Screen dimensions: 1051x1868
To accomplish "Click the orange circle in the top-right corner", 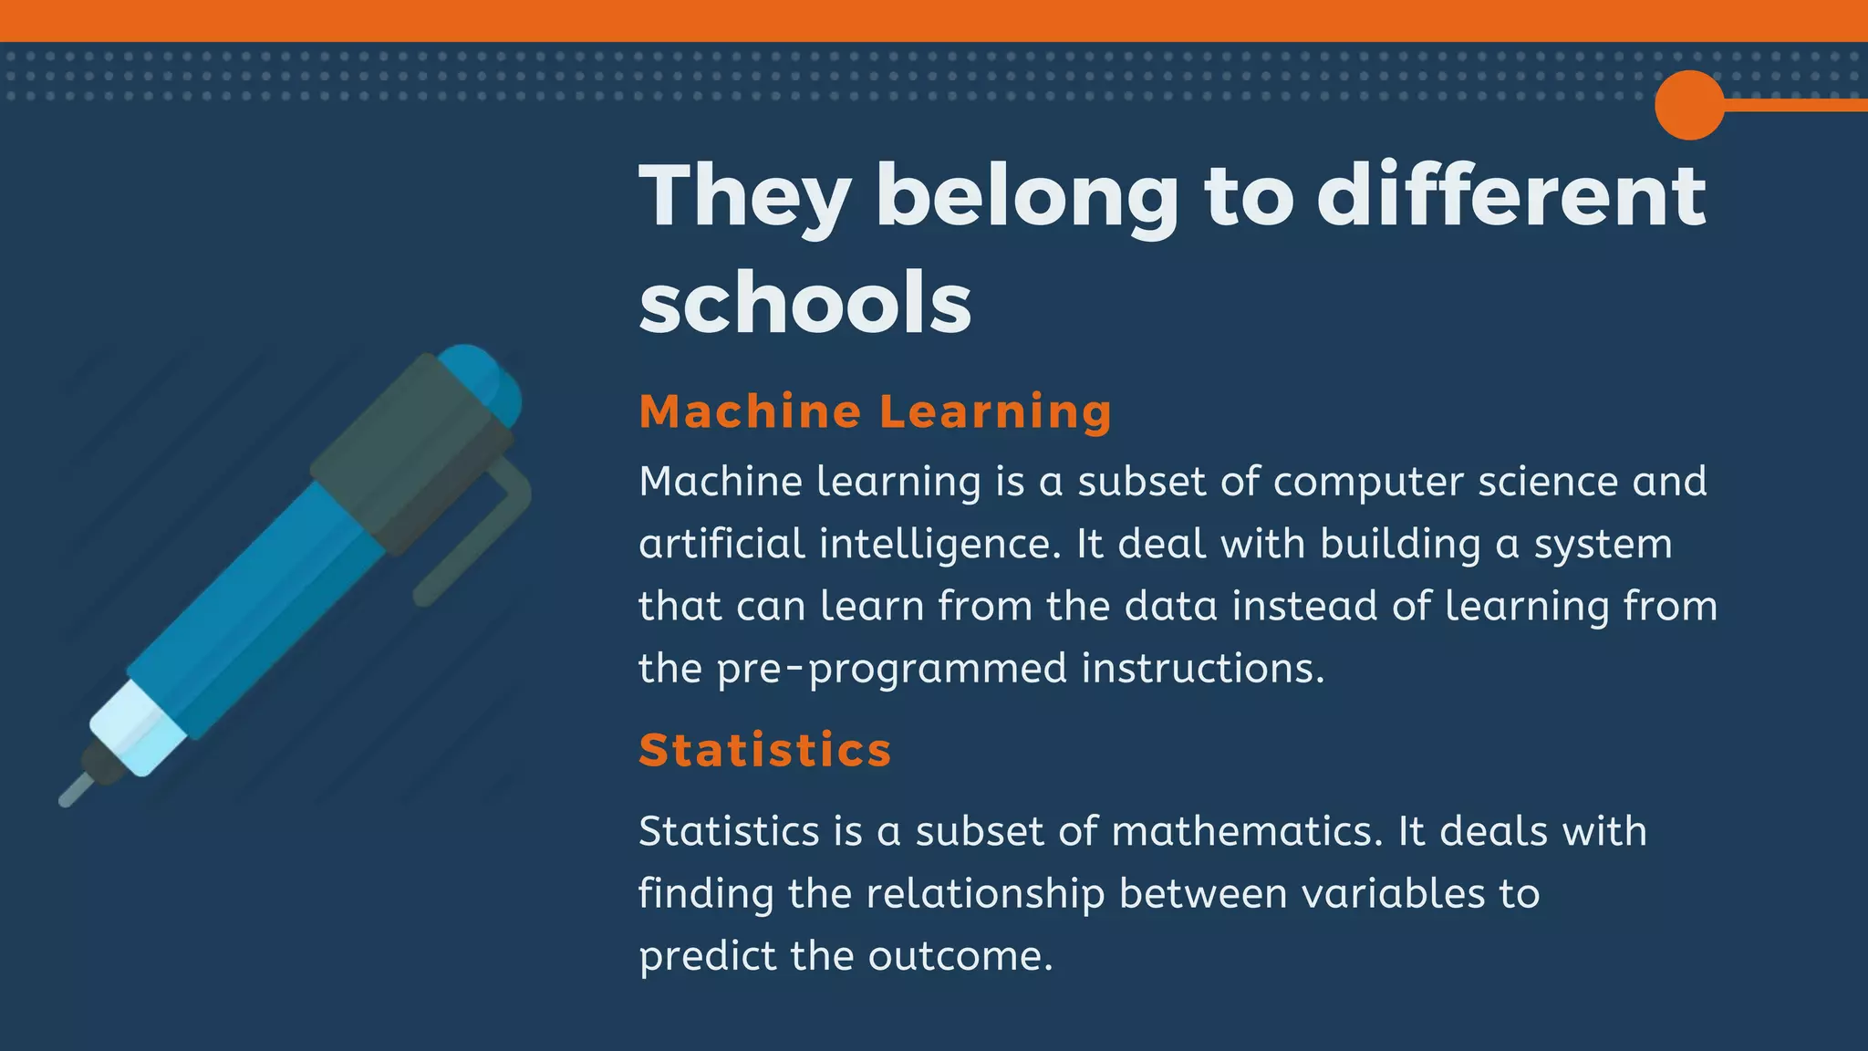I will click(1689, 105).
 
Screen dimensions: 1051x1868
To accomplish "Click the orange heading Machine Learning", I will click(876, 411).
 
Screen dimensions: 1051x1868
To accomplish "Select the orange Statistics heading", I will click(764, 750).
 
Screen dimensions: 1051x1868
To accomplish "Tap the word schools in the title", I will click(804, 303).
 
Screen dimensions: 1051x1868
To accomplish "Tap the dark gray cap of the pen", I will click(410, 452).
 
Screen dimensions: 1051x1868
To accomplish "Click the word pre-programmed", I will click(892, 669).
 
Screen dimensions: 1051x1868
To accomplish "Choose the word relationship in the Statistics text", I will click(985, 893).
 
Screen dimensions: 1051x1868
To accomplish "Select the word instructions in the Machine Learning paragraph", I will click(1202, 669).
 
